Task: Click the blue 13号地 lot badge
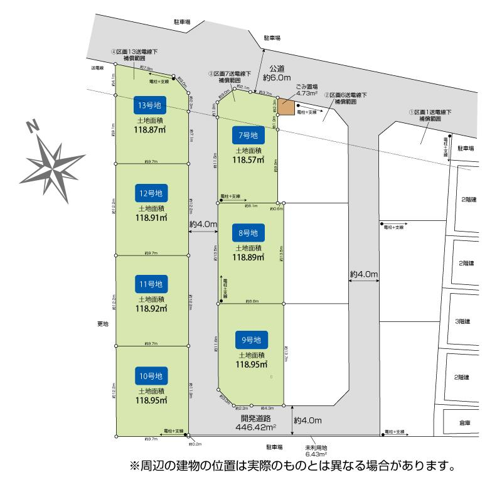pyautogui.click(x=150, y=104)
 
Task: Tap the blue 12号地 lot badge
pyautogui.click(x=150, y=193)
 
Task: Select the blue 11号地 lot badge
pyautogui.click(x=150, y=284)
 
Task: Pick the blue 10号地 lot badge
pyautogui.click(x=150, y=376)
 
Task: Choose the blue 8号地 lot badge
pyautogui.click(x=248, y=233)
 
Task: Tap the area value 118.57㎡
pyautogui.click(x=248, y=160)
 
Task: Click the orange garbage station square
pyautogui.click(x=286, y=107)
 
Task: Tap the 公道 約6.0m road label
pyautogui.click(x=277, y=73)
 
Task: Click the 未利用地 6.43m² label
pyautogui.click(x=316, y=450)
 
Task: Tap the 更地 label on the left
pyautogui.click(x=102, y=324)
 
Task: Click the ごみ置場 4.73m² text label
pyautogui.click(x=307, y=90)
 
